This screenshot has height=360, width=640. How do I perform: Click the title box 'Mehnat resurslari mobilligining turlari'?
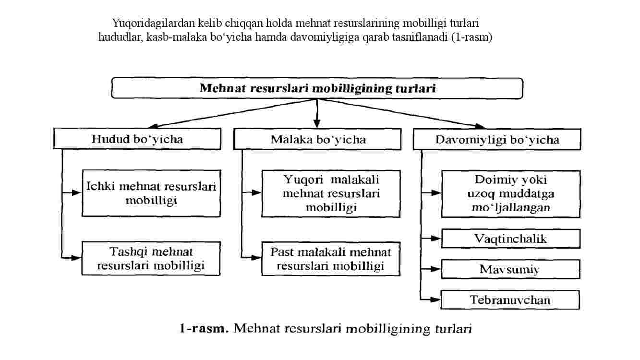tap(317, 88)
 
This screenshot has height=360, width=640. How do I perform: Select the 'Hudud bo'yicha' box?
tap(137, 139)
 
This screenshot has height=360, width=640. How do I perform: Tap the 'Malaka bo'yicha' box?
tap(317, 139)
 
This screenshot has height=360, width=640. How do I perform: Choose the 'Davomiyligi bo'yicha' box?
tap(497, 139)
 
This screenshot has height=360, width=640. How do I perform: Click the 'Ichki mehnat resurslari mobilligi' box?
tap(151, 193)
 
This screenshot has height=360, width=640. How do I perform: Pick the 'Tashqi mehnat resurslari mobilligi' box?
tap(151, 259)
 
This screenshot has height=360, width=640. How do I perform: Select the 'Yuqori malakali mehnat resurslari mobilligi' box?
tap(331, 194)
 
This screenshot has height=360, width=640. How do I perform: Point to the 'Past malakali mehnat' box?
tap(331, 259)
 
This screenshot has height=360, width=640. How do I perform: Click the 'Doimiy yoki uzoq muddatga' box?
tap(511, 194)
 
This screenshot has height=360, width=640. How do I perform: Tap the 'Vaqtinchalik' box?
tap(511, 239)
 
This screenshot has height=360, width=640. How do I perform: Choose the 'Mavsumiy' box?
tap(510, 269)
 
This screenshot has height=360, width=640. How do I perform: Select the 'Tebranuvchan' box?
tap(510, 300)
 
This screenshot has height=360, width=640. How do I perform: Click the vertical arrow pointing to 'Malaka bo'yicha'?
tap(316, 113)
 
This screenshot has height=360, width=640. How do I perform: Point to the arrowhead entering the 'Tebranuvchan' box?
tap(435, 300)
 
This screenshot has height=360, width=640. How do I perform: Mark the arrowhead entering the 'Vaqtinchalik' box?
tap(436, 238)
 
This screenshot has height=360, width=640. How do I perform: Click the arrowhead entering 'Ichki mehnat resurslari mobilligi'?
tap(76, 193)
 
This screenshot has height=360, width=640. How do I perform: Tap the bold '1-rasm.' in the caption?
tap(205, 329)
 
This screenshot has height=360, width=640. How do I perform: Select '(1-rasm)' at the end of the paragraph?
tap(471, 37)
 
